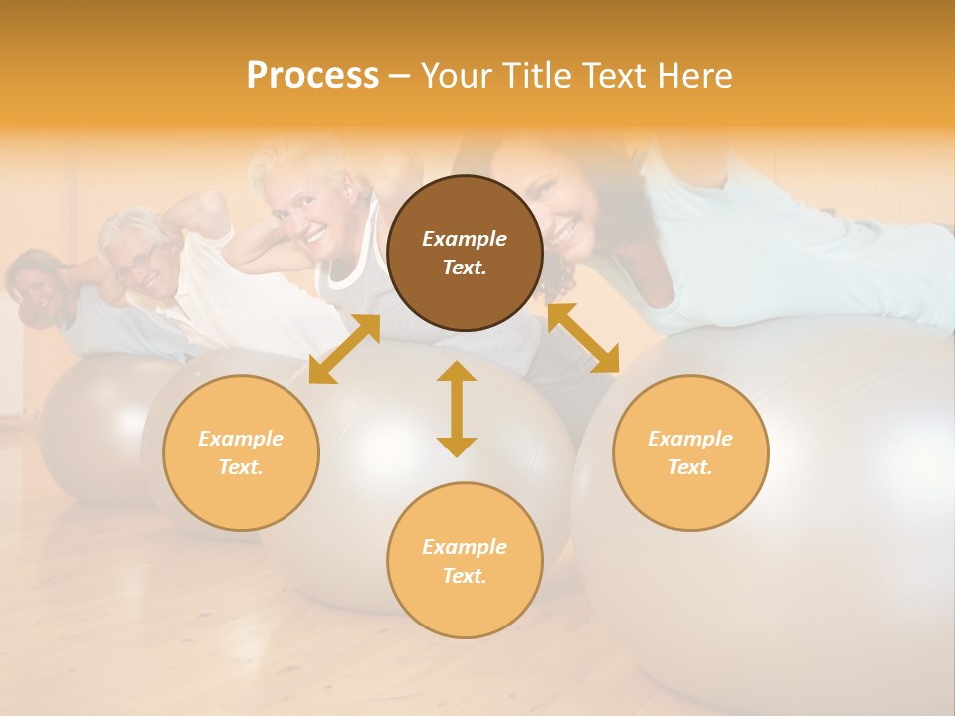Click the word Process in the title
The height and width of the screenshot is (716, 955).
tap(312, 76)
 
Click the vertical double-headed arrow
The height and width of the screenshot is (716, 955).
tap(457, 409)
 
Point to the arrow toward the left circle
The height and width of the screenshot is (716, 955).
tap(344, 349)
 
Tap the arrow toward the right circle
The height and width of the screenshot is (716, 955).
tap(583, 339)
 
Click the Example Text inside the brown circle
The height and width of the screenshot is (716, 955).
tap(465, 253)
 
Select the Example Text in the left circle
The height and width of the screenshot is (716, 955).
tap(241, 452)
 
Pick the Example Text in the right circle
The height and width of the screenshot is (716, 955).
tap(690, 452)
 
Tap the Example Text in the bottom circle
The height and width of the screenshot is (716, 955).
tap(465, 561)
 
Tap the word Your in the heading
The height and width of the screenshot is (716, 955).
tap(458, 76)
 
